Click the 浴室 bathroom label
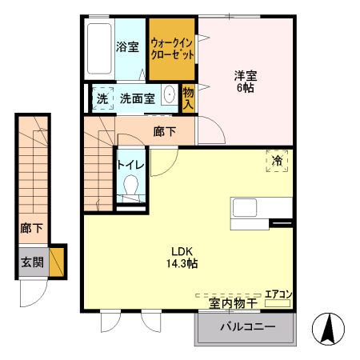(x=127, y=46)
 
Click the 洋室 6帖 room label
(x=245, y=82)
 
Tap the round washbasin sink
(x=169, y=96)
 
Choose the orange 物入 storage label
(x=189, y=98)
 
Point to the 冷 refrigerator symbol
(x=278, y=161)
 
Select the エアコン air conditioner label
(x=278, y=294)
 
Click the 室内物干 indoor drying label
(x=234, y=303)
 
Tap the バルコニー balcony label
(x=245, y=328)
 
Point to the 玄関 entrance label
(x=32, y=262)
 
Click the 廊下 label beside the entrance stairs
(x=32, y=229)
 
